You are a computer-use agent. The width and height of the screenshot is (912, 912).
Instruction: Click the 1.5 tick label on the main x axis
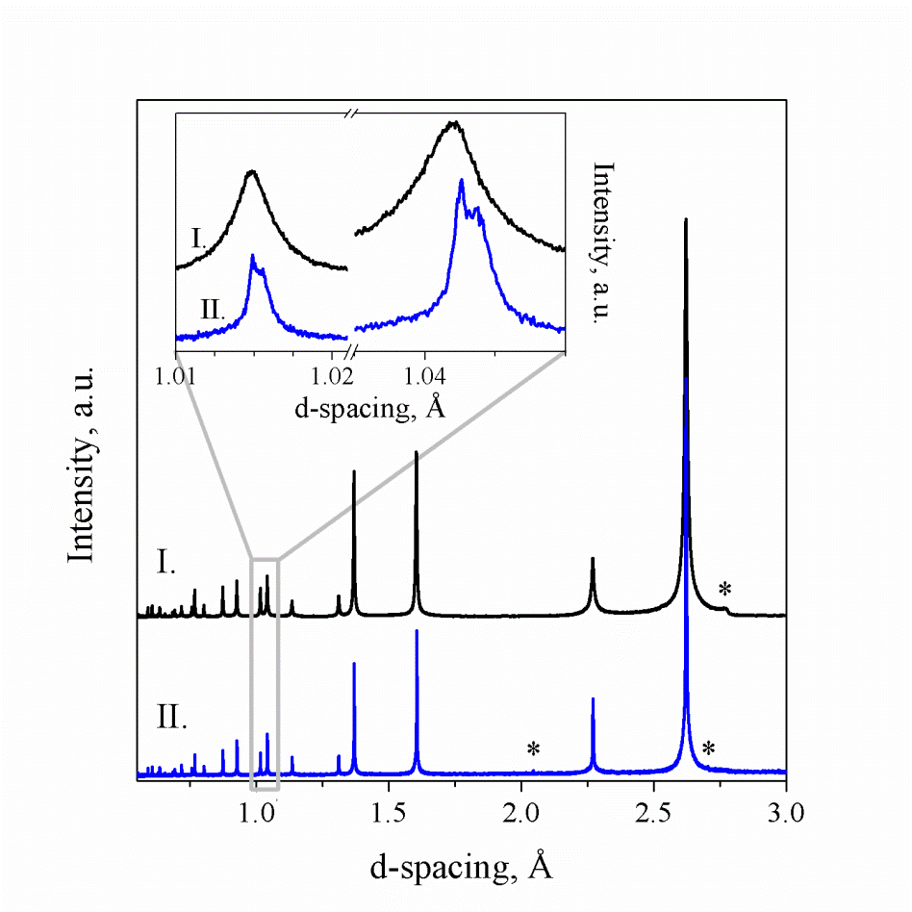point(388,813)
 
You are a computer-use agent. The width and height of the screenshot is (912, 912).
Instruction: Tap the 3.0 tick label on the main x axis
point(786,813)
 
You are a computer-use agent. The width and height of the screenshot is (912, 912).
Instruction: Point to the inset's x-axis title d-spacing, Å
point(369,408)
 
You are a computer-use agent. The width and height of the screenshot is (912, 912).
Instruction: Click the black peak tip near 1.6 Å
point(417,451)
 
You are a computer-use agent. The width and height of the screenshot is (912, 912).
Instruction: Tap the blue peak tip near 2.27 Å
point(593,698)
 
